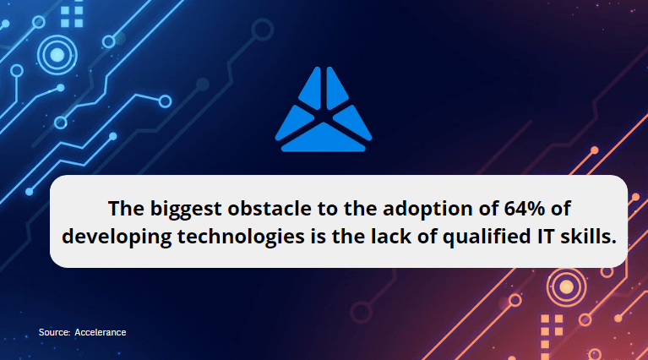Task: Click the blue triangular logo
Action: [x=324, y=110]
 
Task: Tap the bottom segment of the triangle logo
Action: [x=324, y=139]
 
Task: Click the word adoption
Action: [x=427, y=209]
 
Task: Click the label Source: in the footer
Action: [x=55, y=332]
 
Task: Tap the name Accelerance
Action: [x=101, y=332]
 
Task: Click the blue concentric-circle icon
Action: [x=57, y=55]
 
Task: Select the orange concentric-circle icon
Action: [x=566, y=286]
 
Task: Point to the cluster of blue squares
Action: [x=72, y=17]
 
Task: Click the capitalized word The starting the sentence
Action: [x=126, y=209]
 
